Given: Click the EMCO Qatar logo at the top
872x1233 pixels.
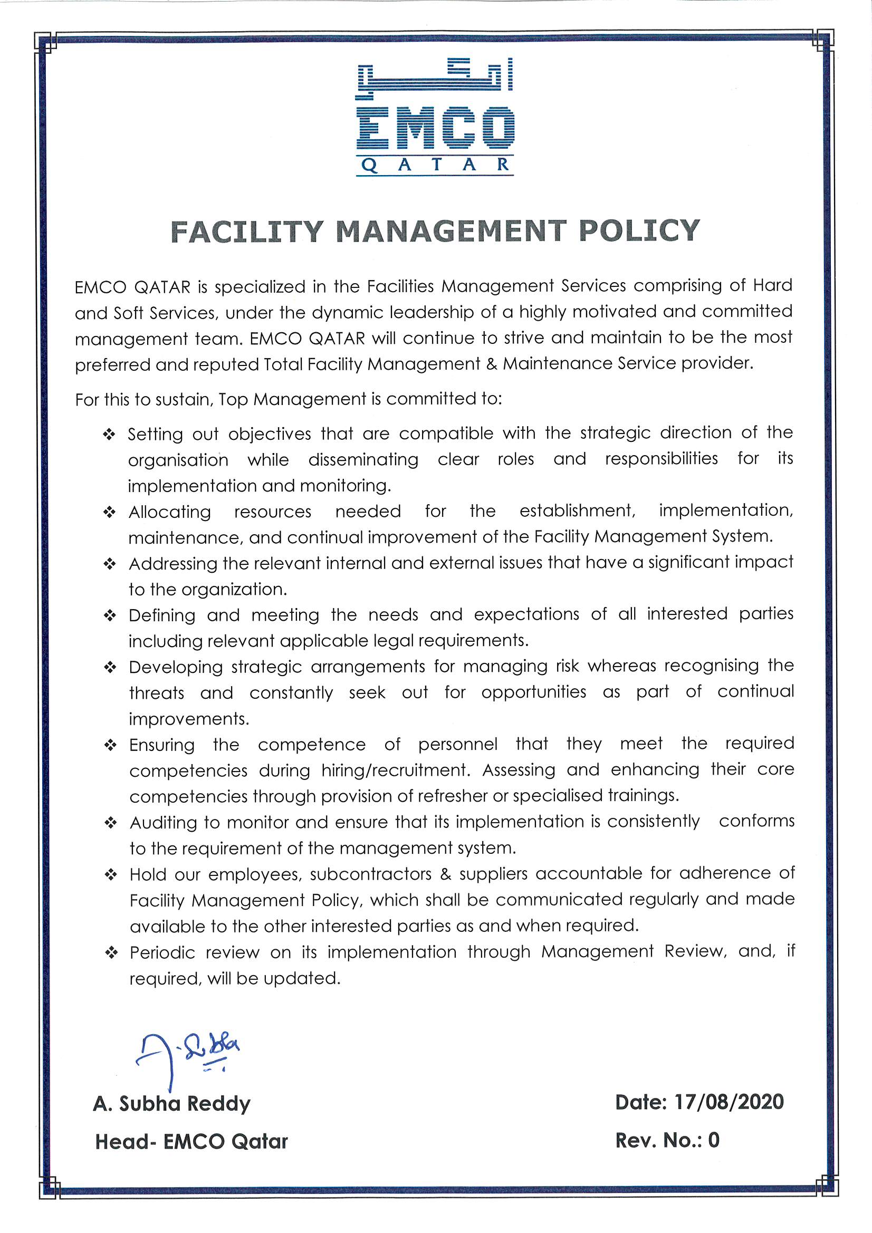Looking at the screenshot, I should click(435, 118).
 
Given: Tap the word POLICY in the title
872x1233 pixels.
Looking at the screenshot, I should click(639, 230).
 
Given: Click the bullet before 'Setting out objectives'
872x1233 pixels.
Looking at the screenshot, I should click(110, 435).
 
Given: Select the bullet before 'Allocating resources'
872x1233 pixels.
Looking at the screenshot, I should click(110, 512).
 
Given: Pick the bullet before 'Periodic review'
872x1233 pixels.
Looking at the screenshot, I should click(111, 953).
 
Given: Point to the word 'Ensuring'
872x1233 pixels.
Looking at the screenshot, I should click(162, 745).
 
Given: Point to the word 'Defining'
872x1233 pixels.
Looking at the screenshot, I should click(162, 615).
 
